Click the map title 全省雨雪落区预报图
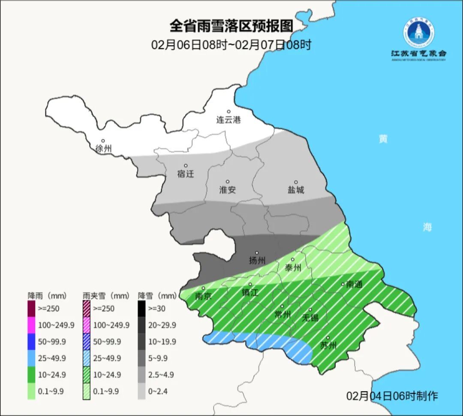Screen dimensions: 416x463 [x=231, y=26]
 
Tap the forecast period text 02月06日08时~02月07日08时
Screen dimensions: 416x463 [x=231, y=45]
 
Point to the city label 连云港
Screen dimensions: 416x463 [x=228, y=120]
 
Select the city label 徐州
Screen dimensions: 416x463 [x=104, y=149]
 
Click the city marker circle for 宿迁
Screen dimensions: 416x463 [x=186, y=166]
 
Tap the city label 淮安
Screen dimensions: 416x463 [x=228, y=190]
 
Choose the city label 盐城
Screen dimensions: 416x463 [x=295, y=190]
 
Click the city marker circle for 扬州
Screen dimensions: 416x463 [x=257, y=253]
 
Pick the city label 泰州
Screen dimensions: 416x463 [x=293, y=268]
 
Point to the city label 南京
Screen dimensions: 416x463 [x=203, y=296]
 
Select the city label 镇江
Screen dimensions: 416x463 [x=250, y=292]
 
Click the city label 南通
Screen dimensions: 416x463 [x=355, y=284]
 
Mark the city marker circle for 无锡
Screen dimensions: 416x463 [x=310, y=310]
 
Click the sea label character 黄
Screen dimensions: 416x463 [x=383, y=139]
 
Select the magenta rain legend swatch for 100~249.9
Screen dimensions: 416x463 [x=31, y=325]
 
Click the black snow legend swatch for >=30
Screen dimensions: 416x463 [x=141, y=308]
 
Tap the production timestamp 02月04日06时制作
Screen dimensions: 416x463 [x=392, y=396]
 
